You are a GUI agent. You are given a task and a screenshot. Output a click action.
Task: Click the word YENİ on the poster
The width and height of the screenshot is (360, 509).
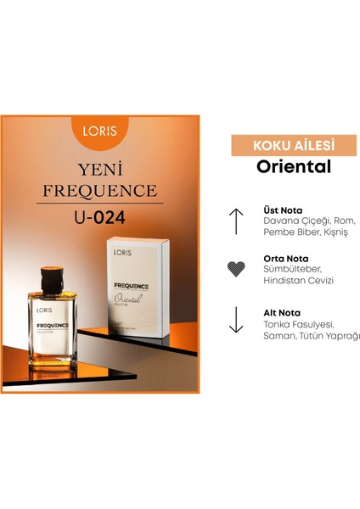click(x=101, y=166)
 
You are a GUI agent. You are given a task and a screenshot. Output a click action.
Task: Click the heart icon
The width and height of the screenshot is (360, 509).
click(x=237, y=270)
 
